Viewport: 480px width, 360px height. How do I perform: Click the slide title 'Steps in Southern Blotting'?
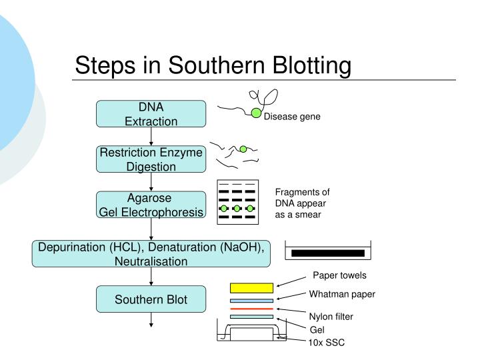pyautogui.click(x=213, y=65)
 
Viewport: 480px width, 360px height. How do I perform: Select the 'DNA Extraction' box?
pyautogui.click(x=151, y=114)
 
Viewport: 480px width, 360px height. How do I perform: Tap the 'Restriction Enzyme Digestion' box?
pyautogui.click(x=151, y=159)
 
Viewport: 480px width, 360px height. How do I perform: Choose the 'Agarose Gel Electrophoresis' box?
pyautogui.click(x=151, y=205)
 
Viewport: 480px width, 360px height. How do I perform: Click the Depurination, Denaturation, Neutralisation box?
pyautogui.click(x=151, y=254)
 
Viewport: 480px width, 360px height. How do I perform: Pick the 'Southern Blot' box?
pyautogui.click(x=151, y=299)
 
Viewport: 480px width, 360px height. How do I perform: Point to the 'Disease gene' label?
pyautogui.click(x=293, y=117)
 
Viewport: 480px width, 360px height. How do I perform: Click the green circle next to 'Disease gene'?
pyautogui.click(x=256, y=113)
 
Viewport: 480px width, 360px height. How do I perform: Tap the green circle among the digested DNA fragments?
pyautogui.click(x=243, y=149)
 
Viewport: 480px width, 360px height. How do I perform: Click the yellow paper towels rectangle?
pyautogui.click(x=251, y=288)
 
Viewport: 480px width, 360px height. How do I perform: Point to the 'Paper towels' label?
pyautogui.click(x=340, y=275)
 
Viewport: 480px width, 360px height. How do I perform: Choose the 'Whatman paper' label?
pyautogui.click(x=342, y=294)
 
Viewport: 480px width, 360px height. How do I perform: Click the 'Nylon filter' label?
pyautogui.click(x=331, y=317)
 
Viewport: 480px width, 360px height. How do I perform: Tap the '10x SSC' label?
pyautogui.click(x=325, y=343)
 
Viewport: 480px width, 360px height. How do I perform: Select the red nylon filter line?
pyautogui.click(x=251, y=309)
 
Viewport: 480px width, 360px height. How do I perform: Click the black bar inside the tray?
pyautogui.click(x=328, y=253)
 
